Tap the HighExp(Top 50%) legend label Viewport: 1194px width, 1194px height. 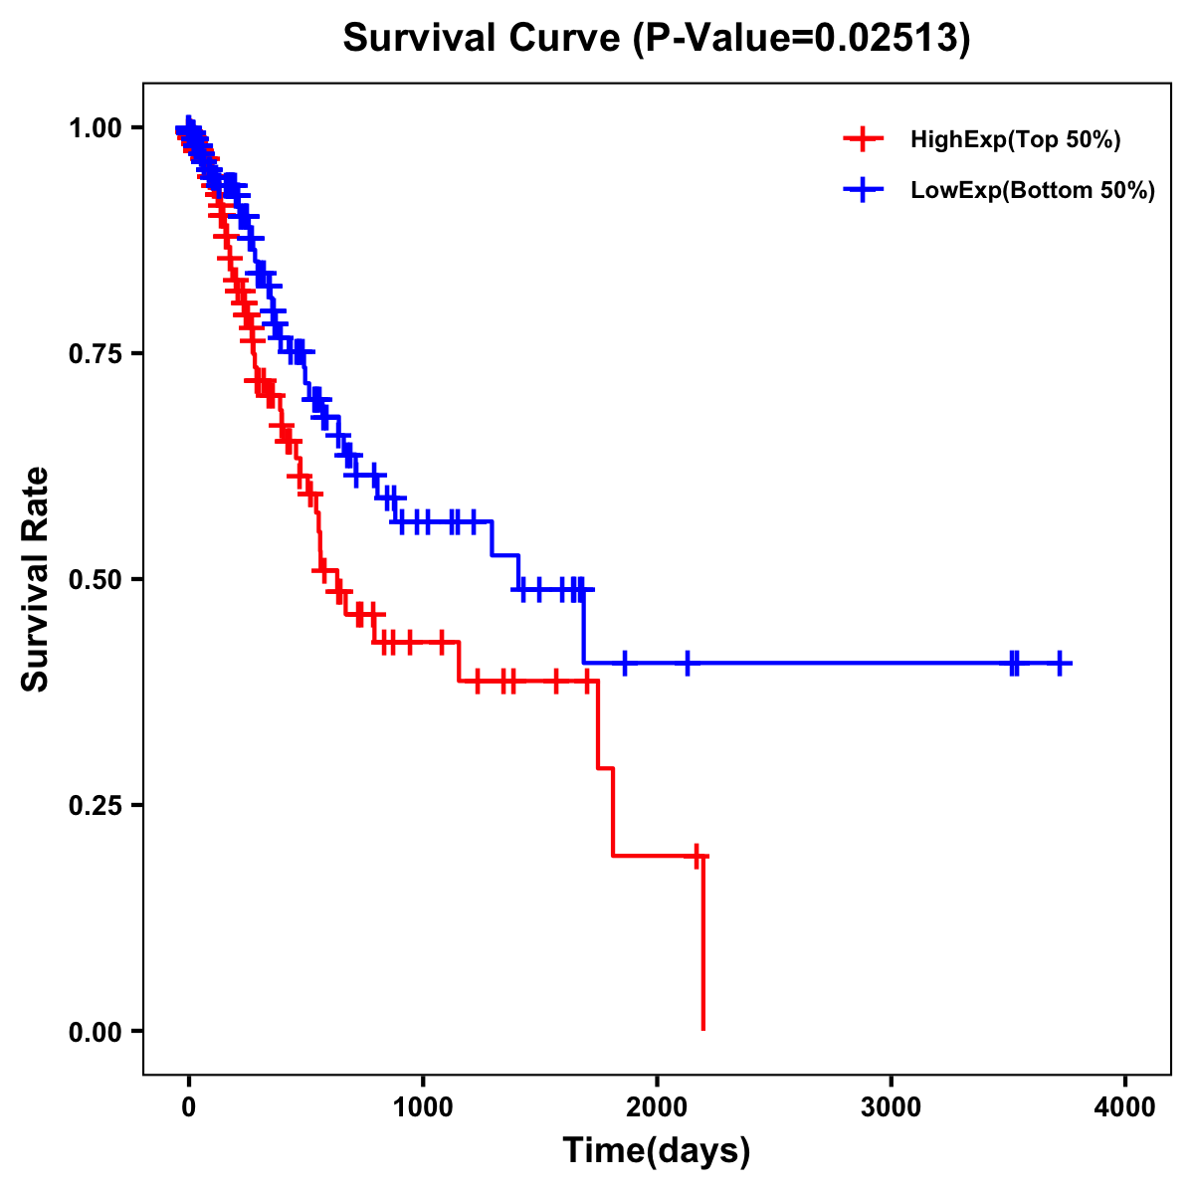click(1015, 140)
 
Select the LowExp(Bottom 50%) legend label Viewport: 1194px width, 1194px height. click(1033, 190)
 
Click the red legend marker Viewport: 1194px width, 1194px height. click(864, 139)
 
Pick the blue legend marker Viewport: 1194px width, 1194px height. click(864, 189)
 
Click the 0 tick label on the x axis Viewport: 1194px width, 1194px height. click(188, 1106)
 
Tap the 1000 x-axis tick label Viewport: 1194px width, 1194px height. click(423, 1106)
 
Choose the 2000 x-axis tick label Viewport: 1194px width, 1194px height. click(657, 1106)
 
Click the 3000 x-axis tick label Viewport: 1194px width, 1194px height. click(892, 1106)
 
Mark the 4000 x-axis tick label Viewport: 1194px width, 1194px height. click(1125, 1106)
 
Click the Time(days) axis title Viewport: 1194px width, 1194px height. click(657, 1151)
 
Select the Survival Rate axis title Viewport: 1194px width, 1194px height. click(36, 578)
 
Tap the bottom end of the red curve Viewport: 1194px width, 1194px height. click(703, 1028)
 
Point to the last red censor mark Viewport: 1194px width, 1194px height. click(697, 856)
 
